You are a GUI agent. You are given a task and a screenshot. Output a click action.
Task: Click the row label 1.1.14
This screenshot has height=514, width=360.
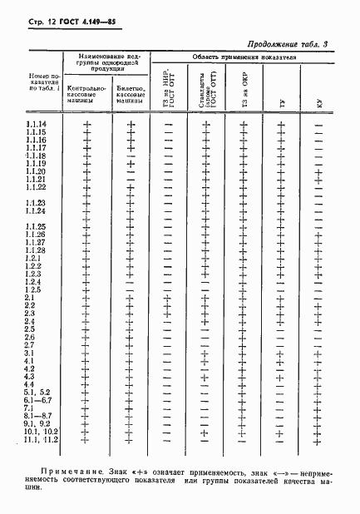pos(36,125)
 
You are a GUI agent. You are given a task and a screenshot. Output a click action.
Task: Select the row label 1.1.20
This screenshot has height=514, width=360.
pos(36,171)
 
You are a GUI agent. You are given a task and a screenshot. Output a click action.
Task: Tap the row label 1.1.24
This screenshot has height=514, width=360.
pos(36,211)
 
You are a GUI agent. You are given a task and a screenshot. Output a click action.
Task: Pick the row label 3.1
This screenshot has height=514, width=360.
pos(30,353)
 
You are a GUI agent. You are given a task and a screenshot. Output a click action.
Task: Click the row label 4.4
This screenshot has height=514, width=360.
pos(30,383)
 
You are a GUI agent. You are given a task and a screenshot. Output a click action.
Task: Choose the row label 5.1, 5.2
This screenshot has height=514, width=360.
pos(37,392)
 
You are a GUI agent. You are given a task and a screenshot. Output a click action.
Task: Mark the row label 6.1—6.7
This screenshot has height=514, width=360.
pos(37,400)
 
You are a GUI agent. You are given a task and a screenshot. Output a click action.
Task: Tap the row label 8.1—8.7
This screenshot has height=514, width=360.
pos(37,416)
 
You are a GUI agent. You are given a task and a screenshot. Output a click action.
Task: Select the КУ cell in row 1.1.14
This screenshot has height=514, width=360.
pos(318,125)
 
